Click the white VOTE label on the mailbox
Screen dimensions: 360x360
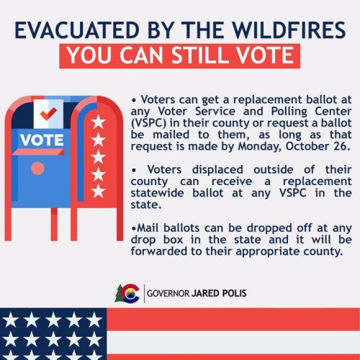pyautogui.click(x=42, y=139)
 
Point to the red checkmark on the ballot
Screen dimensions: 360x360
pyautogui.click(x=48, y=114)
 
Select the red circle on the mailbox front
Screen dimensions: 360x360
pyautogui.click(x=37, y=168)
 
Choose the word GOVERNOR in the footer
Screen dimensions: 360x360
pyautogui.click(x=168, y=293)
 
